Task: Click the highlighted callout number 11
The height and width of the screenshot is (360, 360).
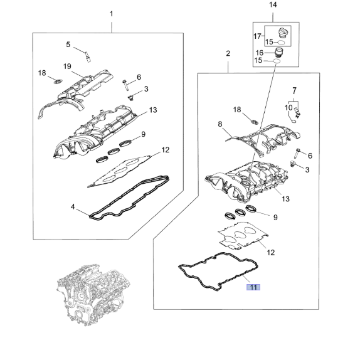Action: pos(253,287)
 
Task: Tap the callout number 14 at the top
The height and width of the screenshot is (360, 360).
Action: pos(273,4)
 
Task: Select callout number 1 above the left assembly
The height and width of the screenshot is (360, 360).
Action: pos(112,14)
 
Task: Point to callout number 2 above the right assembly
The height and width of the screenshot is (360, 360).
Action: pos(228,53)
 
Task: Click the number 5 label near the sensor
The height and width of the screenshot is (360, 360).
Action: pos(68,45)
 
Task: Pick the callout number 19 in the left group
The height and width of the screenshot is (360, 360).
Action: pos(67,66)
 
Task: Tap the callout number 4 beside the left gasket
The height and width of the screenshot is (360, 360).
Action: pos(73,207)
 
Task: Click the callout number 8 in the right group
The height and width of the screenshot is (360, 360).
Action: pos(220,124)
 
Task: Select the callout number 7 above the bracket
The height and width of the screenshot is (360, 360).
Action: pos(295,91)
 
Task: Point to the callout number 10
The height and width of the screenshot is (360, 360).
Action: pos(289,108)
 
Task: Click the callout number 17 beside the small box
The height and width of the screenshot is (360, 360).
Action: pos(257,36)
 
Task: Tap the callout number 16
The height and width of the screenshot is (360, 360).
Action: pos(260,53)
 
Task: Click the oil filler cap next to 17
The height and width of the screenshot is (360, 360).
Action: pos(283,33)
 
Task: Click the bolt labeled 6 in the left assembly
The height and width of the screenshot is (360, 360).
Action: pos(125,85)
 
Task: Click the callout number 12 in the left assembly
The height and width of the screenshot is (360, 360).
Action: pos(166,150)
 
